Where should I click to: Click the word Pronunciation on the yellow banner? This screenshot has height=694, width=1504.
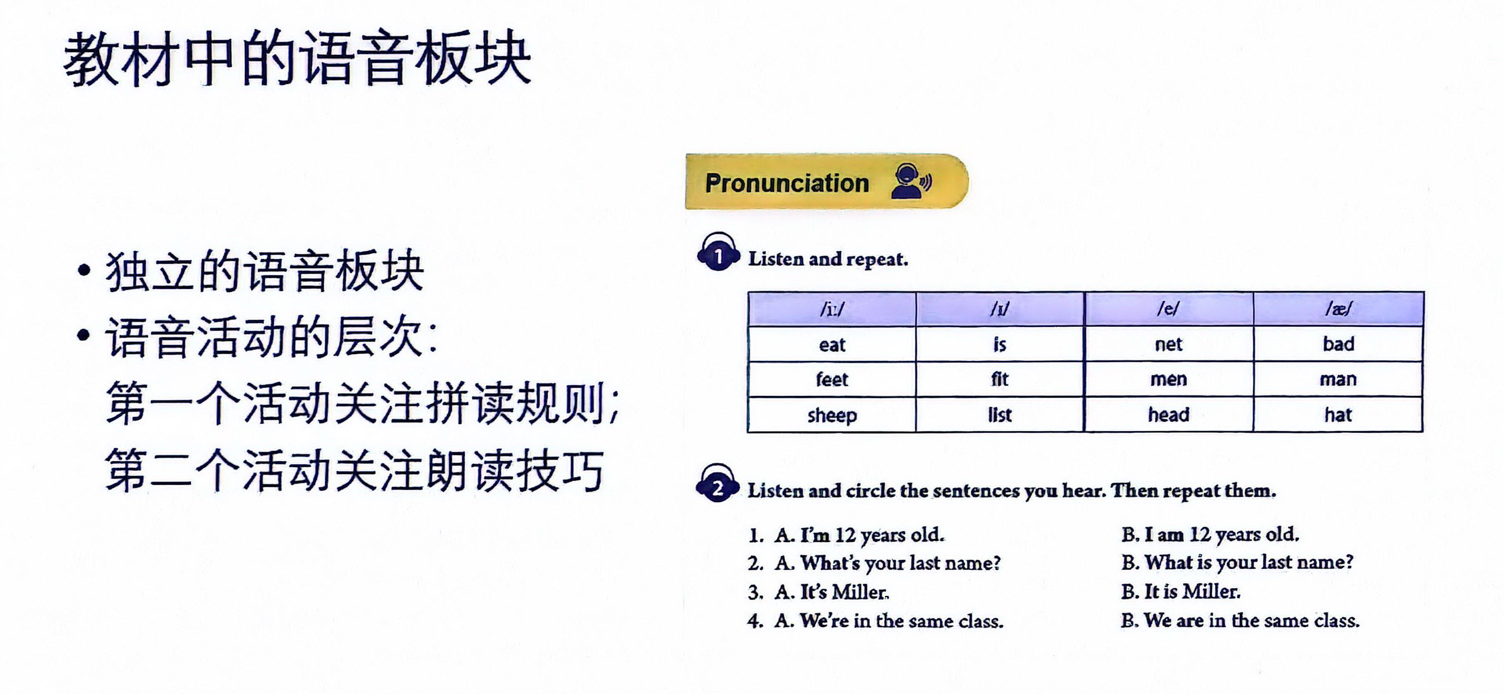[x=786, y=183]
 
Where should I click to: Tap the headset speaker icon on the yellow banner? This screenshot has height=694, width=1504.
[x=911, y=181]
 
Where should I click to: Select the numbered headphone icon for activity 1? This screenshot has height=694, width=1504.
[x=718, y=252]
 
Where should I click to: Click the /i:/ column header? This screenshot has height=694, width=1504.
[x=832, y=309]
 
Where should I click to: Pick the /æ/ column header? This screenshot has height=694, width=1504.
[x=1338, y=309]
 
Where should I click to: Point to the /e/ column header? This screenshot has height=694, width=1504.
[x=1169, y=309]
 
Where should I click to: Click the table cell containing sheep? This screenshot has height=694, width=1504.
[x=832, y=415]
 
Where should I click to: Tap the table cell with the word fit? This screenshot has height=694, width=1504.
[x=1000, y=379]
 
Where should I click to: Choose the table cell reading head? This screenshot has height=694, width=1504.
[x=1169, y=415]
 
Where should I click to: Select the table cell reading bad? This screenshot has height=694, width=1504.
[x=1338, y=343]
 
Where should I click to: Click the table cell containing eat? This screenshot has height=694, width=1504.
[x=832, y=344]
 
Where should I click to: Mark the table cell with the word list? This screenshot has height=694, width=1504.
[x=1000, y=415]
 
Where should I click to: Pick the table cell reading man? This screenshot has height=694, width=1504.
[x=1338, y=379]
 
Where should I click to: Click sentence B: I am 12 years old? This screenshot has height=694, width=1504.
[x=1210, y=534]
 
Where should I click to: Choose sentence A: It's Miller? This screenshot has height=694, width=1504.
[x=832, y=592]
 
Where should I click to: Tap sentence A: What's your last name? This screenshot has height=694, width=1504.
[x=887, y=563]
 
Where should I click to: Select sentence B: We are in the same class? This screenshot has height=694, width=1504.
[x=1240, y=620]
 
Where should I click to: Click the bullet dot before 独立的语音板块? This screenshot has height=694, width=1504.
[x=85, y=270]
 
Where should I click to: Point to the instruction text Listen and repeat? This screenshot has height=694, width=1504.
[x=828, y=259]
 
